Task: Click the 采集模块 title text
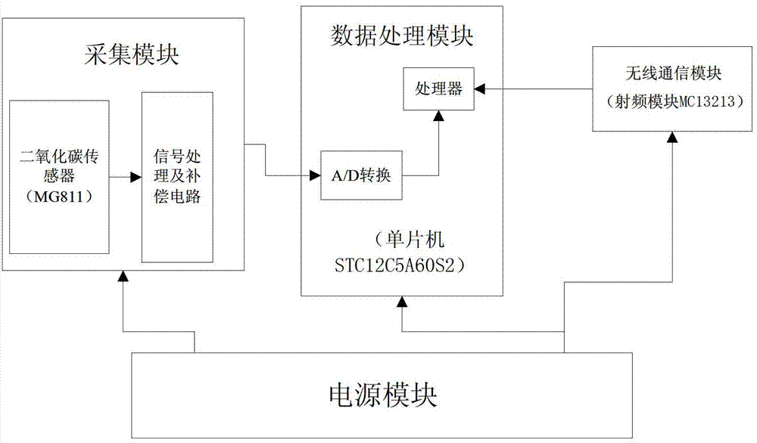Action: coord(122,56)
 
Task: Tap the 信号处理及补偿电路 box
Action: coord(178,178)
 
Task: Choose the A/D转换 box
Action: coord(360,175)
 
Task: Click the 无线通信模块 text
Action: coord(670,76)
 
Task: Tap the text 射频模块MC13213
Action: coord(670,102)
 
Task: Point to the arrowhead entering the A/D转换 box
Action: coord(315,176)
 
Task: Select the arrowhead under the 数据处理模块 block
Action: coord(402,302)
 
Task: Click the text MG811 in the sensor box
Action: coord(59,198)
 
